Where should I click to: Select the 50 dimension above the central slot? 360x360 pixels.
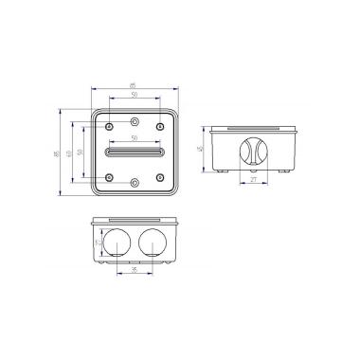[x=135, y=138]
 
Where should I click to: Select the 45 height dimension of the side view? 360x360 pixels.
[x=202, y=149]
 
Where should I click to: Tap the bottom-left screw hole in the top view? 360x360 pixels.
[x=112, y=177]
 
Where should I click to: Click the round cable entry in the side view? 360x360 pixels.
[x=254, y=151]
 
